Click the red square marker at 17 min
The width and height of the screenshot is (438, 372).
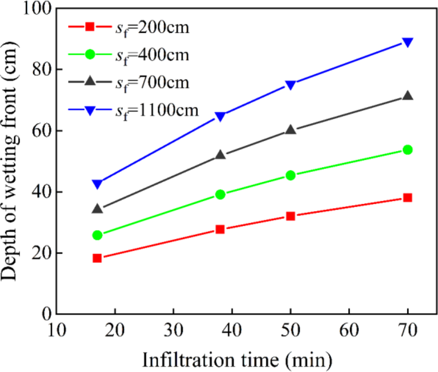97,258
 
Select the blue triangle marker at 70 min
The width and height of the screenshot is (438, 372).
407,42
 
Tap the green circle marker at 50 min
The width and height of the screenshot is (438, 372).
291,175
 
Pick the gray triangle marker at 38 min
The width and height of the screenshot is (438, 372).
220,155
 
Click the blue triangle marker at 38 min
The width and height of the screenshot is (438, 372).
220,117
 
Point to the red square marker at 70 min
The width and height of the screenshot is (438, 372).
407,198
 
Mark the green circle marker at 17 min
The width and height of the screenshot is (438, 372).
97,235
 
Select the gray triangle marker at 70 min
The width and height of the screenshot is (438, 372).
407,96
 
